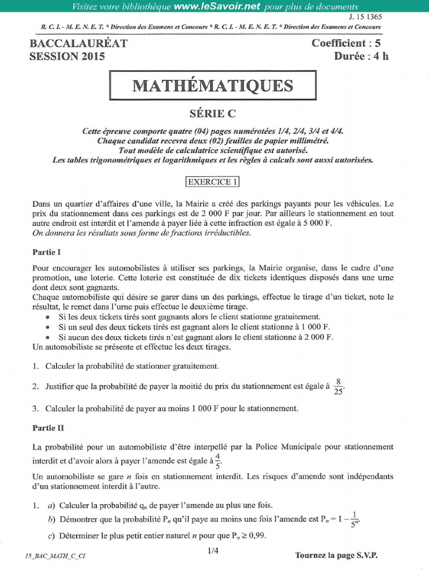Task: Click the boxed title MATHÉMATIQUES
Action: pos(212,86)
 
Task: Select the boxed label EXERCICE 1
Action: pos(212,181)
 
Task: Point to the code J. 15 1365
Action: pos(365,17)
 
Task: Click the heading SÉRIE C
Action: pos(212,114)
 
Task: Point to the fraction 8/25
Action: pos(339,385)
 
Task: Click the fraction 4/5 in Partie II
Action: pos(218,461)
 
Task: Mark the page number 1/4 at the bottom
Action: pos(213,551)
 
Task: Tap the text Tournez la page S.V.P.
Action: pos(340,555)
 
